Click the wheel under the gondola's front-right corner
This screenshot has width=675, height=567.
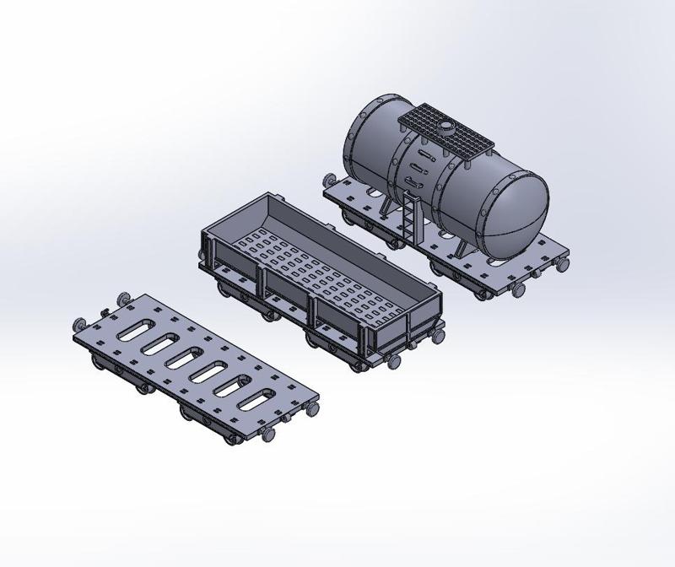point(394,360)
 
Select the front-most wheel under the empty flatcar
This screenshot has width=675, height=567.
point(268,435)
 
